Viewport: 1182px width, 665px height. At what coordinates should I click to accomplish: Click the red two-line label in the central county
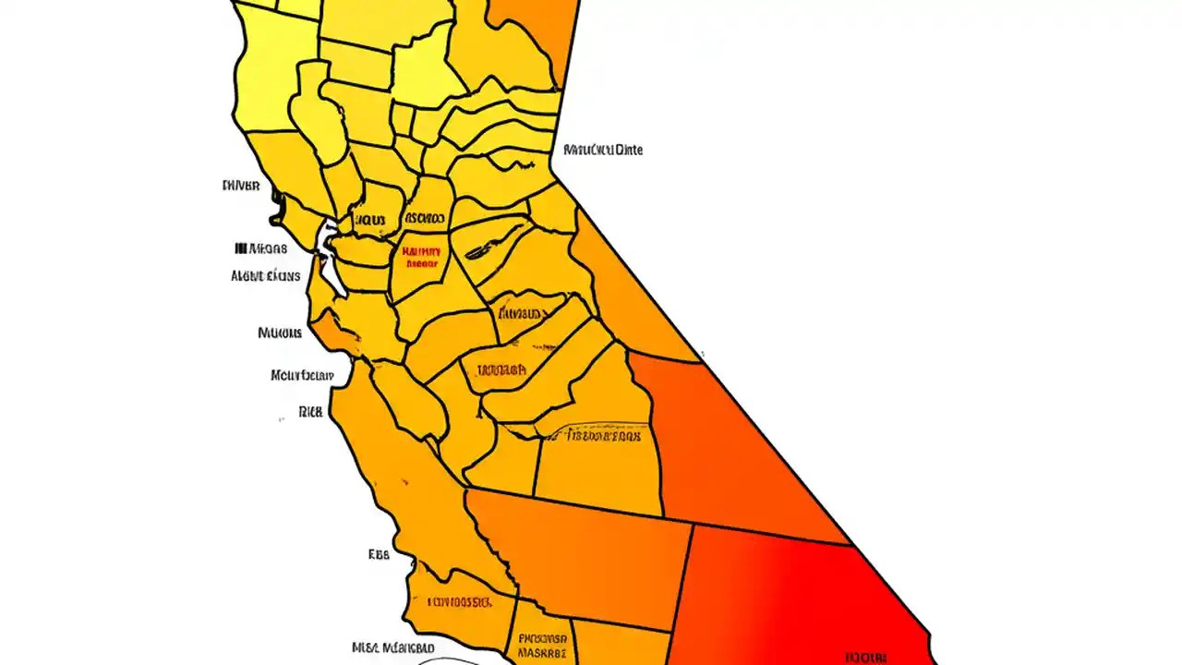click(421, 256)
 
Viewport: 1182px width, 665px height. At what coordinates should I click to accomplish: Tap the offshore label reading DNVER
click(241, 185)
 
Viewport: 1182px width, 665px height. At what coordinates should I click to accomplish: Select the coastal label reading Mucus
click(280, 332)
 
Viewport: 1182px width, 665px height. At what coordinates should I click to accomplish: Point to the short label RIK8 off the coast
click(311, 412)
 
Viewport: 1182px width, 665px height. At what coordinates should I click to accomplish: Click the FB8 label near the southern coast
click(379, 554)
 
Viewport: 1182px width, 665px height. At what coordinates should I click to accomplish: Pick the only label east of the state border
click(603, 149)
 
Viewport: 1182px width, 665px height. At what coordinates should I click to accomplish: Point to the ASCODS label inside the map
click(425, 219)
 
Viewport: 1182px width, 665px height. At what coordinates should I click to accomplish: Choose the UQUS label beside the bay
click(369, 220)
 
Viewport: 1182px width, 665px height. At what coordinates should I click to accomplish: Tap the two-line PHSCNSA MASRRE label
click(542, 644)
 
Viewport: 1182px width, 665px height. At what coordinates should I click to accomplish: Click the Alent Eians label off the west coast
click(265, 275)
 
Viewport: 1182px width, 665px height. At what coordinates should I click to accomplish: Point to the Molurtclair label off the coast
click(302, 376)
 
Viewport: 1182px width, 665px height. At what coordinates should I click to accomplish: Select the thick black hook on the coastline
click(275, 208)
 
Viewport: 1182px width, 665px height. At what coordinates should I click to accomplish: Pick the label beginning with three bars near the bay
click(261, 248)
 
